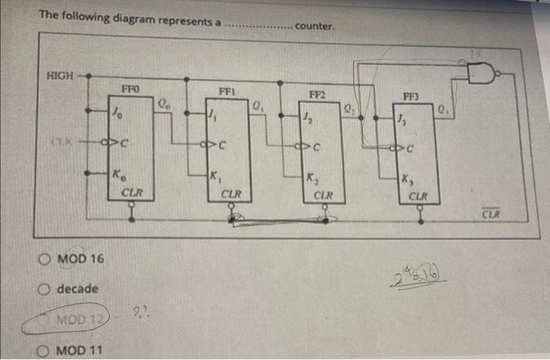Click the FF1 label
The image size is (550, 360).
[226, 92]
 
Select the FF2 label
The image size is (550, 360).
[319, 95]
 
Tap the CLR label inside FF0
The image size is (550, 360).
[133, 191]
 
